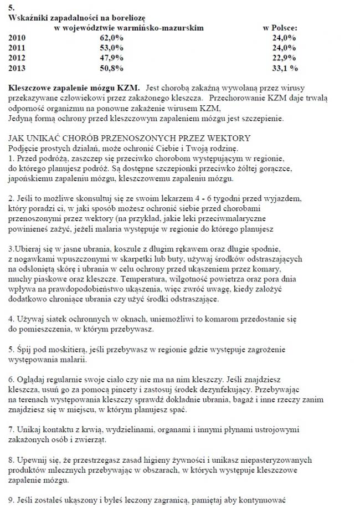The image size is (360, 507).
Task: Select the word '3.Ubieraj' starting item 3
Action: pos(25,249)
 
